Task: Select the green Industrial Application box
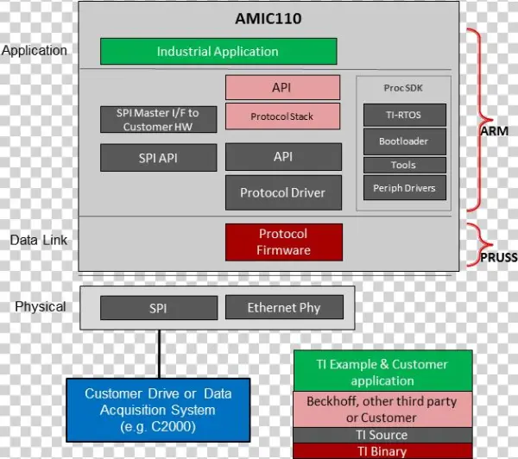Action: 218,52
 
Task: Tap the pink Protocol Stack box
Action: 282,116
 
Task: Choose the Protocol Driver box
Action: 282,193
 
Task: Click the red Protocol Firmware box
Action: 283,242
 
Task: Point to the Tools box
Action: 404,165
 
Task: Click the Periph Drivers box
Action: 404,187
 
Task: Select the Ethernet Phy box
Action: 284,307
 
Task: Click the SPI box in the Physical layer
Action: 157,307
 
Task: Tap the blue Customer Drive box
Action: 157,410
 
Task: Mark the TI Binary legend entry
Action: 382,451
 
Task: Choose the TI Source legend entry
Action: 382,435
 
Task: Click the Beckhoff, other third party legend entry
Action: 382,410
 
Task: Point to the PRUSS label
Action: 497,257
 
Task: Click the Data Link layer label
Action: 39,240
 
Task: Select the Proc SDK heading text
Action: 404,88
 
